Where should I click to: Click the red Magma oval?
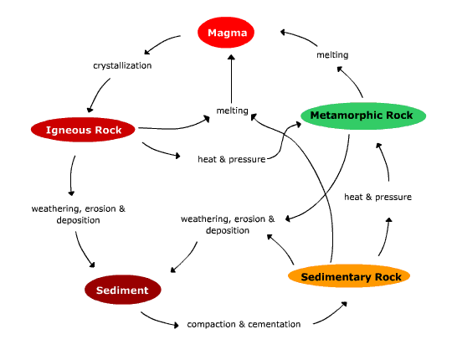(x=225, y=33)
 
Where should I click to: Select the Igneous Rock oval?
(x=83, y=130)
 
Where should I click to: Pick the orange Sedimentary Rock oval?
(x=350, y=276)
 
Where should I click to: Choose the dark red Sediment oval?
(x=122, y=291)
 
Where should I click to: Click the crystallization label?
(x=122, y=64)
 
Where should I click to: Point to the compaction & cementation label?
(x=244, y=324)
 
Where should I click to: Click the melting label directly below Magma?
(x=232, y=111)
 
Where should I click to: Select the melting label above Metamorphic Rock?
(x=332, y=55)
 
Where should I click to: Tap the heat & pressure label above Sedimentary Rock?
(x=378, y=197)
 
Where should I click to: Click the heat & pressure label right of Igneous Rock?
(x=231, y=158)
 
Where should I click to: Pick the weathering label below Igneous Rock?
(x=78, y=213)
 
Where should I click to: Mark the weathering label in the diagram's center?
(x=228, y=224)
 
